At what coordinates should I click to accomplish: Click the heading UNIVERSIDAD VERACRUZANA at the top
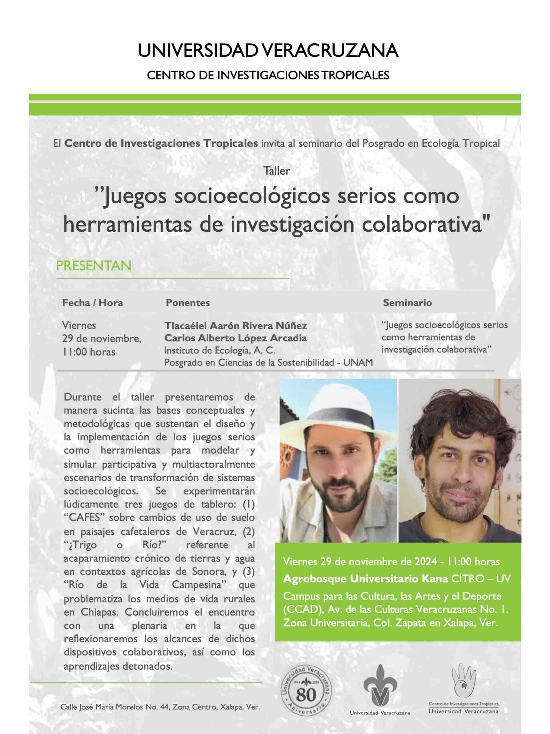click(268, 51)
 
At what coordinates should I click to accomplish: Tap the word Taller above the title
click(276, 171)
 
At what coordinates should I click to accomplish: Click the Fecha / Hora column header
click(93, 302)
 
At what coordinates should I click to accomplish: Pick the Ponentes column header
click(188, 302)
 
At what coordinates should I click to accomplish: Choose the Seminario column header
click(407, 302)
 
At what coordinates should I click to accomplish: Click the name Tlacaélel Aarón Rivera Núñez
click(236, 325)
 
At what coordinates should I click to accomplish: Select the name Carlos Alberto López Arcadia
click(235, 338)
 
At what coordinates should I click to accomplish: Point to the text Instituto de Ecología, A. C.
click(219, 350)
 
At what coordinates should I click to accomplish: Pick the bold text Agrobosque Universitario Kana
click(365, 579)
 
